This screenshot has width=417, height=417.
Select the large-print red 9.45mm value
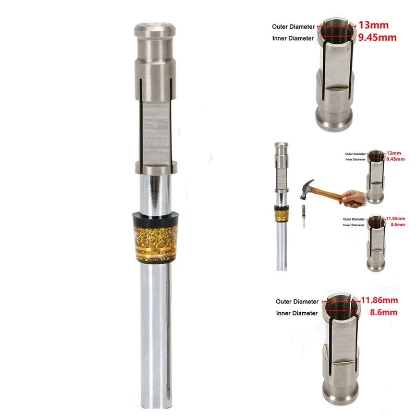(375, 38)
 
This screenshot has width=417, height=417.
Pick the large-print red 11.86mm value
(379, 300)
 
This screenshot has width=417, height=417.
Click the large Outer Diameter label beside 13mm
(293, 27)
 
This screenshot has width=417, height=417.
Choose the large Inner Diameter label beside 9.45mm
(293, 39)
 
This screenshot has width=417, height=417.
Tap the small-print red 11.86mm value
(397, 218)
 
